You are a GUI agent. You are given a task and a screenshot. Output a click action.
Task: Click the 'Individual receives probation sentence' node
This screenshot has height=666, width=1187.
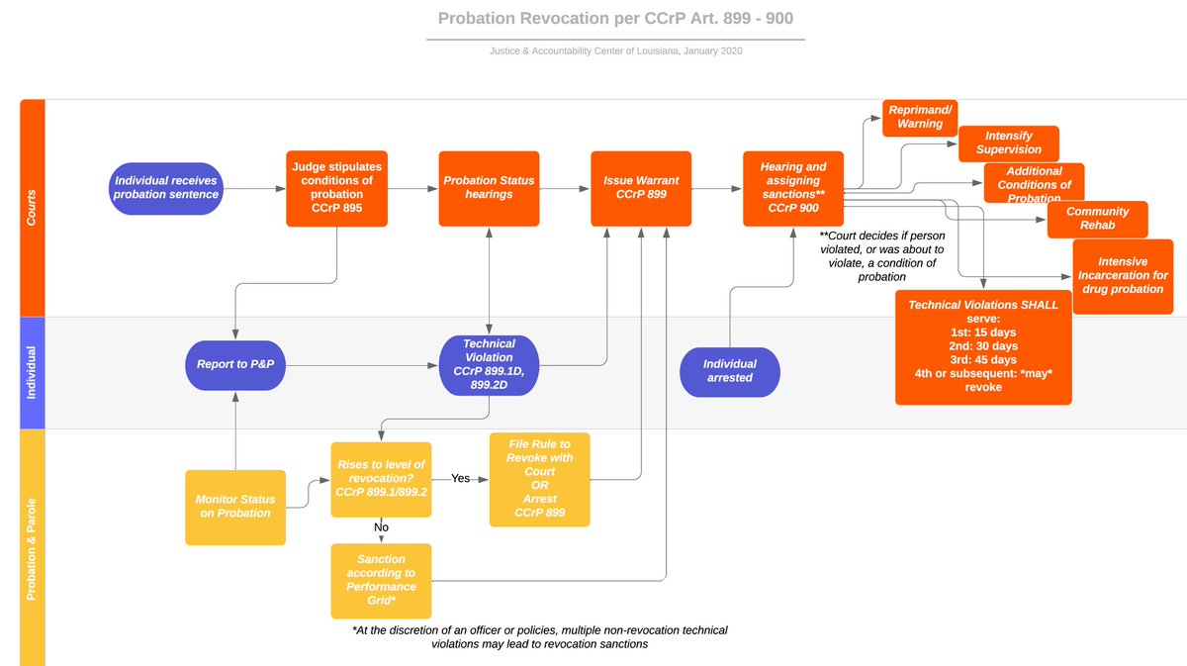(x=166, y=188)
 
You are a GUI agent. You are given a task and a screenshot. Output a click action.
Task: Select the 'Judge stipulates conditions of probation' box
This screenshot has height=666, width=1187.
(x=336, y=188)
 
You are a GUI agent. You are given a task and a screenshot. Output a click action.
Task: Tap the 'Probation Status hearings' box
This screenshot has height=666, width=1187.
(x=489, y=188)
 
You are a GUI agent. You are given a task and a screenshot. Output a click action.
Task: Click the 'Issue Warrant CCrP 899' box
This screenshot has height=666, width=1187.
(x=641, y=188)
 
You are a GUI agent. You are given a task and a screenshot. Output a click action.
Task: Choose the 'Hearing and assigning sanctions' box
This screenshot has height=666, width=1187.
(x=793, y=188)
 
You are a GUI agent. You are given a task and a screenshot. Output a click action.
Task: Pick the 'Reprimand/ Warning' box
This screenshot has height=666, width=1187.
(x=920, y=117)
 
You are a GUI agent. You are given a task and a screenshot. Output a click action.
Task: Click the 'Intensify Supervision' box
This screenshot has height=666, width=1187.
(x=1009, y=143)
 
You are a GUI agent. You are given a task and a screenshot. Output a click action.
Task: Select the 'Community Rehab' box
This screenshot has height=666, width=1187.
(x=1097, y=219)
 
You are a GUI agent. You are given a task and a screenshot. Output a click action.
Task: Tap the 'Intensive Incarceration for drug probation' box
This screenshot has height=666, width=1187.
(x=1123, y=276)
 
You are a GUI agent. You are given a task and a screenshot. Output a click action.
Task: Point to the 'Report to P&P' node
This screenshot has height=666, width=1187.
(x=235, y=364)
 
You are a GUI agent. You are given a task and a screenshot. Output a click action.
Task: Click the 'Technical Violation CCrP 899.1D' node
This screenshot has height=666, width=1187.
(x=490, y=364)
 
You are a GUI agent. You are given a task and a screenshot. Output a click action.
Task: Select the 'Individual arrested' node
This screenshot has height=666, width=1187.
(x=730, y=371)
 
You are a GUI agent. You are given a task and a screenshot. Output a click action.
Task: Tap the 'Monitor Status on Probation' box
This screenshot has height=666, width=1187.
(x=235, y=507)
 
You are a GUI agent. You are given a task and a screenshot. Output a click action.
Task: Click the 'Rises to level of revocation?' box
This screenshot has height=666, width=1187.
(x=381, y=479)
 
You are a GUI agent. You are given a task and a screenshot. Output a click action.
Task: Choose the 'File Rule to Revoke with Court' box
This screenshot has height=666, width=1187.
(x=540, y=480)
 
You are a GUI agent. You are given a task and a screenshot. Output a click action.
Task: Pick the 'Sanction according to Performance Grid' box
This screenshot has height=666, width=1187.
(x=381, y=580)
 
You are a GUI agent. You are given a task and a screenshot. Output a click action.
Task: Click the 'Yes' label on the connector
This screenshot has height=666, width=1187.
(x=461, y=479)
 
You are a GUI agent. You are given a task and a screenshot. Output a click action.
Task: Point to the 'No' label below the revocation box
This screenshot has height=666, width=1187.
(x=382, y=528)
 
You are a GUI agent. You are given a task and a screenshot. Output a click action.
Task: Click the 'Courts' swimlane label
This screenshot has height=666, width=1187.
(x=33, y=208)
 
